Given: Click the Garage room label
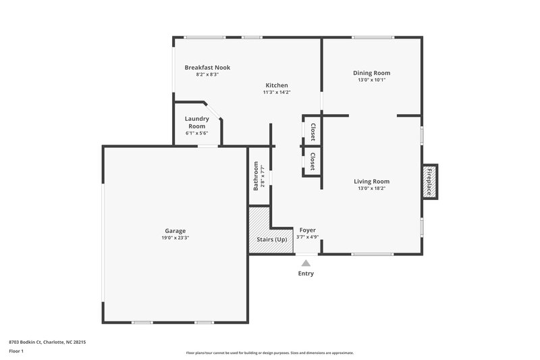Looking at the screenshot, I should [x=175, y=230].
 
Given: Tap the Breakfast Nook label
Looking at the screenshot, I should [x=207, y=68].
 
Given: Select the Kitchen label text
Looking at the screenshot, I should [x=277, y=85].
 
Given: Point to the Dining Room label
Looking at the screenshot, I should [x=372, y=73].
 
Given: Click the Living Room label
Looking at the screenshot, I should [x=372, y=181].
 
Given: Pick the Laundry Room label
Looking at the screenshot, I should [x=197, y=122].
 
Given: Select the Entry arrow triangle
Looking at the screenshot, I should [x=306, y=263].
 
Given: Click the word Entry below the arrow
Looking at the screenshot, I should [x=306, y=274].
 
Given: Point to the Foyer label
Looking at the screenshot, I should [x=308, y=230].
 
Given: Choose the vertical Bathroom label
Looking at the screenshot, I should [x=256, y=176].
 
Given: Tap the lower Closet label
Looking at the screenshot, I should [x=313, y=161].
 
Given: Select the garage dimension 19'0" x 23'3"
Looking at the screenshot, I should [x=175, y=238].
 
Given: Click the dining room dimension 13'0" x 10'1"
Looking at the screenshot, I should [x=372, y=80].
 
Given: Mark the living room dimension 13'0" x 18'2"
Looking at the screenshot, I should [x=372, y=188].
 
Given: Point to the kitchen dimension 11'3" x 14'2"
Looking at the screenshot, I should [x=277, y=93].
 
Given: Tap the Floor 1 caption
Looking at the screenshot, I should [x=17, y=352].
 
